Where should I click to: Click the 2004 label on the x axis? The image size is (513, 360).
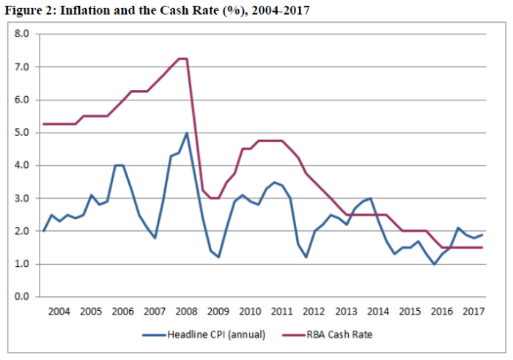pyautogui.click(x=59, y=311)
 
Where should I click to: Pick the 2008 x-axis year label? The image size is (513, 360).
pyautogui.click(x=187, y=311)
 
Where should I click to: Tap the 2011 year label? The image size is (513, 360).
pyautogui.click(x=283, y=311)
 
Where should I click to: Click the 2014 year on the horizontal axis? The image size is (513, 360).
pyautogui.click(x=379, y=311)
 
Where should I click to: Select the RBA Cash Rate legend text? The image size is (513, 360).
pyautogui.click(x=347, y=335)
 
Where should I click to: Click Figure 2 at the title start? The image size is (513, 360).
pyautogui.click(x=26, y=10)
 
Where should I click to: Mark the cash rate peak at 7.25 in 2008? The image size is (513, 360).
pyautogui.click(x=183, y=59)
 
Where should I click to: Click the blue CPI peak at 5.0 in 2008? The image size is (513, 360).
pyautogui.click(x=187, y=133)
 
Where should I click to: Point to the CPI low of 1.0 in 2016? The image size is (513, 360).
pyautogui.click(x=435, y=264)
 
